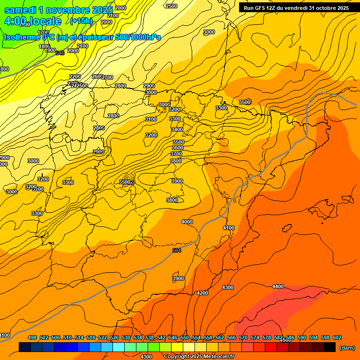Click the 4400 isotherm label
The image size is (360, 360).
click(x=278, y=286)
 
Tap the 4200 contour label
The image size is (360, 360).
click(x=202, y=293)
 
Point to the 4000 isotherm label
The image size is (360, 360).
click(x=187, y=222)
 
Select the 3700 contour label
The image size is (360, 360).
click(x=176, y=154)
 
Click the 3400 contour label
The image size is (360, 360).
click(x=177, y=129)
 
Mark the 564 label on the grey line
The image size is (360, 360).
click(x=177, y=251)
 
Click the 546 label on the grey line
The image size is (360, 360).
click(x=60, y=53)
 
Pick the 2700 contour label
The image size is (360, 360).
click(x=108, y=77)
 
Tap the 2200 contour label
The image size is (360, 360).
click(x=75, y=76)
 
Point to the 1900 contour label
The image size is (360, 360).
click(x=50, y=51)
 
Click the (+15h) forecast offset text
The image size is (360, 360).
click(x=81, y=21)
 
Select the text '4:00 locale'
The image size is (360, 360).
click(x=33, y=21)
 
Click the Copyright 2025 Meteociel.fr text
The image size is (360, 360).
click(x=199, y=357)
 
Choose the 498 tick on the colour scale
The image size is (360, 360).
click(x=32, y=337)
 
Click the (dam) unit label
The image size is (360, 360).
click(x=347, y=348)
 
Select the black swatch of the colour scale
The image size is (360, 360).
click(x=330, y=347)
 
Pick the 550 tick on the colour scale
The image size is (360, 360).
click(x=185, y=337)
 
